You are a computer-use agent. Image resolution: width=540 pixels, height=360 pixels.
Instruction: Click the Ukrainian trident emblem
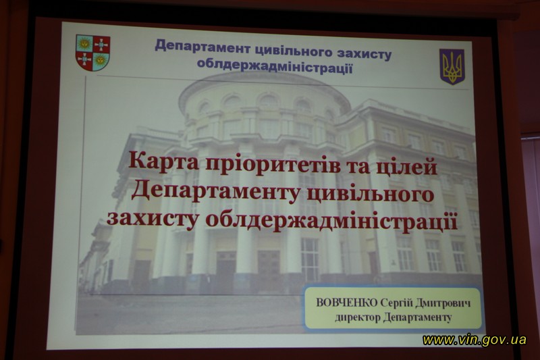click(452, 66)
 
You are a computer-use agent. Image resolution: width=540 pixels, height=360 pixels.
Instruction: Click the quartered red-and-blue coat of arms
click(92, 53)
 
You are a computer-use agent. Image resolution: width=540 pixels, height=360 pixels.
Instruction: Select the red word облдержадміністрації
click(331, 221)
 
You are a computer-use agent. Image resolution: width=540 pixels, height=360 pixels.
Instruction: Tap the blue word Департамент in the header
click(202, 47)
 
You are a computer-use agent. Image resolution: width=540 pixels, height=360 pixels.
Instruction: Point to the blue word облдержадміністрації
click(275, 66)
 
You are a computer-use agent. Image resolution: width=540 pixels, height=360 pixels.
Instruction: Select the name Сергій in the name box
click(396, 303)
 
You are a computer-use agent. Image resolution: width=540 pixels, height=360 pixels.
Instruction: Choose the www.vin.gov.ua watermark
click(475, 340)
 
